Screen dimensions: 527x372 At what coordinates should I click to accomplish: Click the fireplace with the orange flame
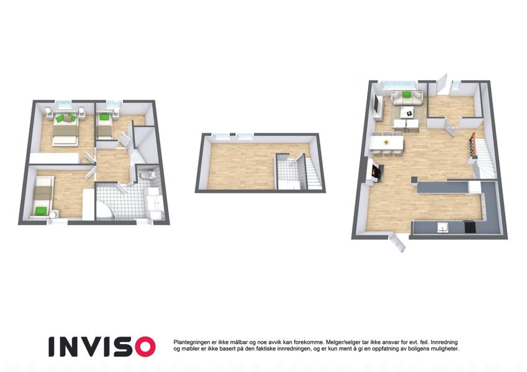pyautogui.click(x=376, y=172)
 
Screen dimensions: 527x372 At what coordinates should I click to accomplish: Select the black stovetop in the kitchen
pyautogui.click(x=471, y=228)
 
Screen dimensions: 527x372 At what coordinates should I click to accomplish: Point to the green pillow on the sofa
pyautogui.click(x=407, y=94)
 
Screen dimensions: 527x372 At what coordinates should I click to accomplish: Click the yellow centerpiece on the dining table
pyautogui.click(x=386, y=142)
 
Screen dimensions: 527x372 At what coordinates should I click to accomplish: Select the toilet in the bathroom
pyautogui.click(x=147, y=174)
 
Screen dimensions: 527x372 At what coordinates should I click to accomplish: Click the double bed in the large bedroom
pyautogui.click(x=66, y=128)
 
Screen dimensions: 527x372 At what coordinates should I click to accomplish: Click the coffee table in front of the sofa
pyautogui.click(x=408, y=113)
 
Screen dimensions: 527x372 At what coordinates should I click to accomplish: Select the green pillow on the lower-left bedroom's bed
pyautogui.click(x=41, y=211)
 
